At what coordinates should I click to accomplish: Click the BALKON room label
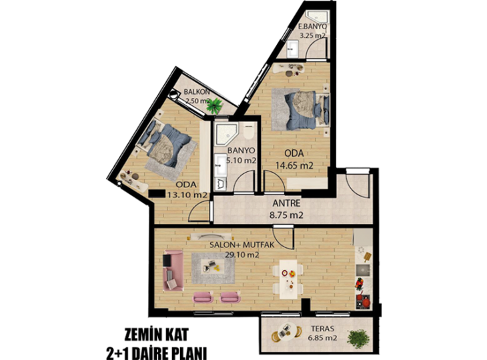[x=197, y=92]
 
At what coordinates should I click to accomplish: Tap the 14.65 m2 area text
[x=294, y=165]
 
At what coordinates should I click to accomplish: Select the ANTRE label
[x=286, y=203]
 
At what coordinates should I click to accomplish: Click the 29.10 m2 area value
[x=242, y=255]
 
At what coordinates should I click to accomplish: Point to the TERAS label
[x=323, y=329]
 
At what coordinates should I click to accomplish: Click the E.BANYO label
[x=312, y=27]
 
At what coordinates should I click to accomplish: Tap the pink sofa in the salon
[x=173, y=271]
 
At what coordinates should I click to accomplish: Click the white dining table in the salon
[x=288, y=279]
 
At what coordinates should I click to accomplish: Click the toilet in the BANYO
[x=249, y=131]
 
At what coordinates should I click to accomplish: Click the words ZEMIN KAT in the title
[x=157, y=335]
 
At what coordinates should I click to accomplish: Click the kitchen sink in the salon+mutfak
[x=363, y=270]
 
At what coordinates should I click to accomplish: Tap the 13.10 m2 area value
[x=187, y=195]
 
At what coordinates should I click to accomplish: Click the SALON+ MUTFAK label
[x=242, y=245]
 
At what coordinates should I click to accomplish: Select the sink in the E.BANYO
[x=292, y=49]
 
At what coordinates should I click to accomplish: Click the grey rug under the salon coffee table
[x=213, y=268]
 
